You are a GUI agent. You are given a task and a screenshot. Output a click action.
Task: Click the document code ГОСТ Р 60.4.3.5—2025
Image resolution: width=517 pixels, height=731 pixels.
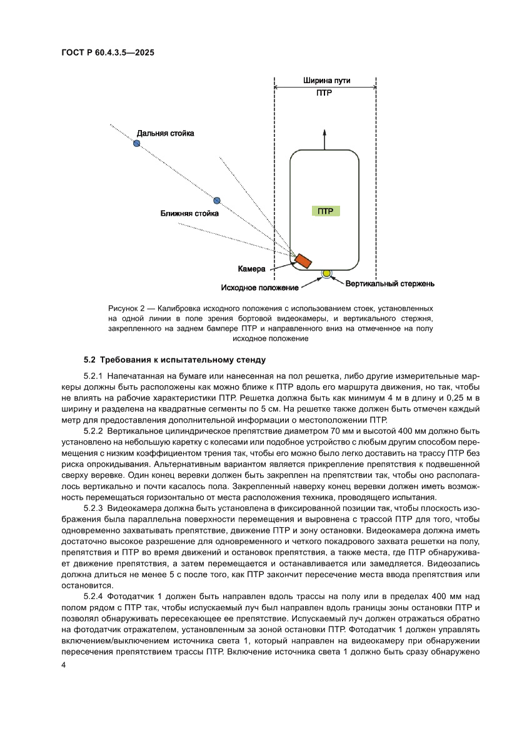pyautogui.click(x=108, y=53)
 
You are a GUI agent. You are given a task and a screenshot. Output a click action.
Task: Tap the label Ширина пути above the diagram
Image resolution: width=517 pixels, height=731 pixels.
pyautogui.click(x=326, y=81)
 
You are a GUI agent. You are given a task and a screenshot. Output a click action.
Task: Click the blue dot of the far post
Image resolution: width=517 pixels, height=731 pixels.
pyautogui.click(x=136, y=143)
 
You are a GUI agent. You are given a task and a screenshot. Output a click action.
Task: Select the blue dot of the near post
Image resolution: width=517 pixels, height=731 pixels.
pyautogui.click(x=217, y=200)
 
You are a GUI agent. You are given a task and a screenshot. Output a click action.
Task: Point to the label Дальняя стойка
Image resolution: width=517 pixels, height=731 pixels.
pyautogui.click(x=166, y=133)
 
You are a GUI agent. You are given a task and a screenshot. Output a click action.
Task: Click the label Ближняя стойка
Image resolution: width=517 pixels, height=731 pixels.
pyautogui.click(x=189, y=214)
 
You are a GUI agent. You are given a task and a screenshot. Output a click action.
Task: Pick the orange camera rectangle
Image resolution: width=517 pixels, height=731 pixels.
pyautogui.click(x=304, y=261)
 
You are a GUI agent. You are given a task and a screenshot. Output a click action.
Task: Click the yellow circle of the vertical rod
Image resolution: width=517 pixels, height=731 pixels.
pyautogui.click(x=326, y=273)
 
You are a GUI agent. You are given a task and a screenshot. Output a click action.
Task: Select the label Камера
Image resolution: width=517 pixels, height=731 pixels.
pyautogui.click(x=252, y=269)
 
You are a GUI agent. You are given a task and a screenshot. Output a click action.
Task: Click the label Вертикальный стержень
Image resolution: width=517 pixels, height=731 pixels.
pyautogui.click(x=390, y=283)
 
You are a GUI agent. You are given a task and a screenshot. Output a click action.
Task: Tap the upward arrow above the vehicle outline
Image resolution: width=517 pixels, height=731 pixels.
pyautogui.click(x=324, y=138)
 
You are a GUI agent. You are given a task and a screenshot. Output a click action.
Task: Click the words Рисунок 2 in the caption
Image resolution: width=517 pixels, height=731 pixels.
pyautogui.click(x=127, y=309)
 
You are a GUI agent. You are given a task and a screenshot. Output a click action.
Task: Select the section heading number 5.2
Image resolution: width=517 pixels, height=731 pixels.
pyautogui.click(x=91, y=360)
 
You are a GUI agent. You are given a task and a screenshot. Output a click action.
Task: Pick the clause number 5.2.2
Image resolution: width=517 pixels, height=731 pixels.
pyautogui.click(x=93, y=431)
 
